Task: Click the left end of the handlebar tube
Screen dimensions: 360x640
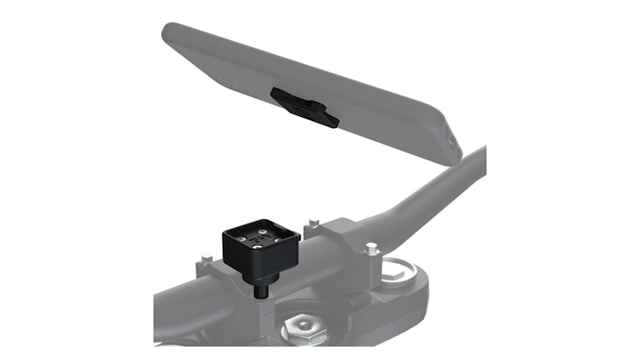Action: click(166, 307)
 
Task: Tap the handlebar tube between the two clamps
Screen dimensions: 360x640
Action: click(299, 256)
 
